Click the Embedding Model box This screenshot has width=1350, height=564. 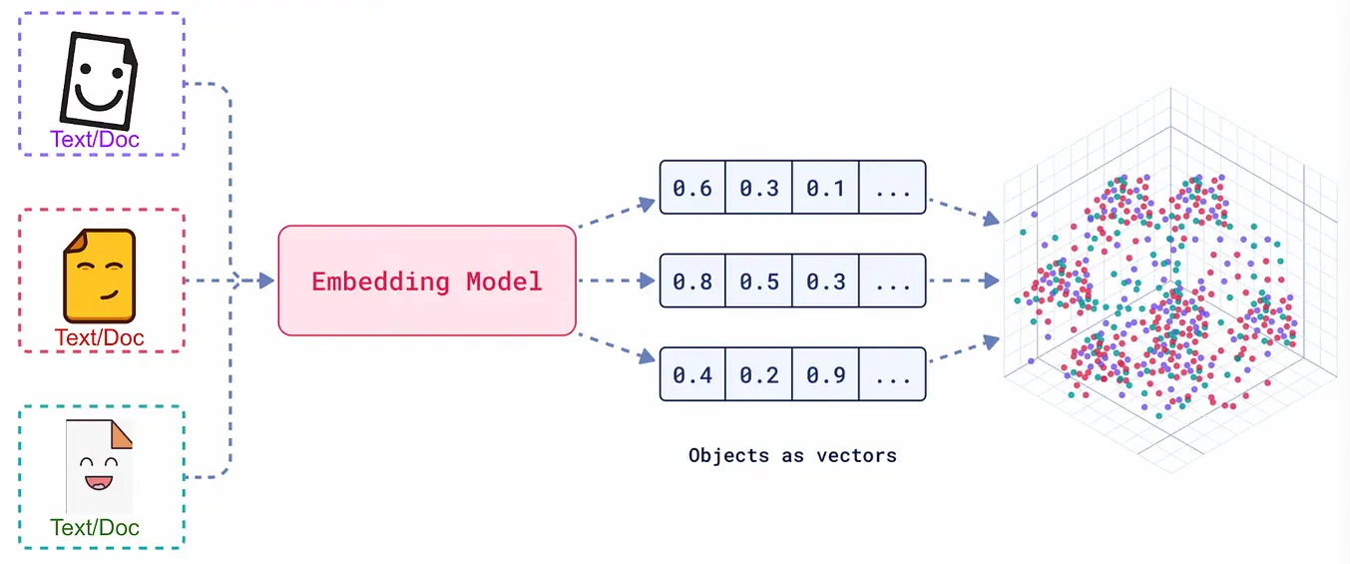point(427,281)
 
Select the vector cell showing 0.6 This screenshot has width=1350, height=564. point(692,187)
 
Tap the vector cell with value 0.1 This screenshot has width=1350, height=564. point(826,187)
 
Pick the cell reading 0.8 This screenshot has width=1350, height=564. point(692,281)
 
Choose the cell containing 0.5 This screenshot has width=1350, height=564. point(759,281)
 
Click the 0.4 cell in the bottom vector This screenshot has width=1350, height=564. point(692,374)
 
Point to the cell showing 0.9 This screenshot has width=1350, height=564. point(826,374)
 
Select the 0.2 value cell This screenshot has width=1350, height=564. point(759,374)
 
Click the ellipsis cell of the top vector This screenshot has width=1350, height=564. point(893,187)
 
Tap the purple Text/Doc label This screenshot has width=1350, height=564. point(95,140)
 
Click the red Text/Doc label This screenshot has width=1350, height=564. point(100,337)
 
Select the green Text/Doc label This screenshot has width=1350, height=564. point(95,528)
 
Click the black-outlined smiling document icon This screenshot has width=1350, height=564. point(99,81)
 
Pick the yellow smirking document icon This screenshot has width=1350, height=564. point(100,276)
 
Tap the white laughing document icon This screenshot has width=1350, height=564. point(100,466)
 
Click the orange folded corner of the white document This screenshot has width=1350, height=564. point(122,435)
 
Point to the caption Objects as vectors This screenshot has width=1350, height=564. point(792,455)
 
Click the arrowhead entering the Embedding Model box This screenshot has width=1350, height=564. point(266,281)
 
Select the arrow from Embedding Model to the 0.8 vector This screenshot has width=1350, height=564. point(617,281)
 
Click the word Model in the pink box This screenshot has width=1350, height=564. point(504,282)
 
